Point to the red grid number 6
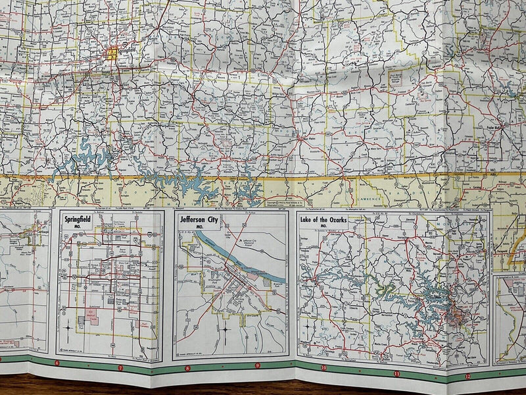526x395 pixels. pyautogui.click(x=57, y=363)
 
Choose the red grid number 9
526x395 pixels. pyautogui.click(x=257, y=365)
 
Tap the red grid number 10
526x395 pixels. pyautogui.click(x=323, y=368)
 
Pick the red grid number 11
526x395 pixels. pyautogui.click(x=396, y=373)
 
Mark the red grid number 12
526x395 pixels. pyautogui.click(x=467, y=376)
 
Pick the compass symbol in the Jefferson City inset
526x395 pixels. pyautogui.click(x=225, y=327)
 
